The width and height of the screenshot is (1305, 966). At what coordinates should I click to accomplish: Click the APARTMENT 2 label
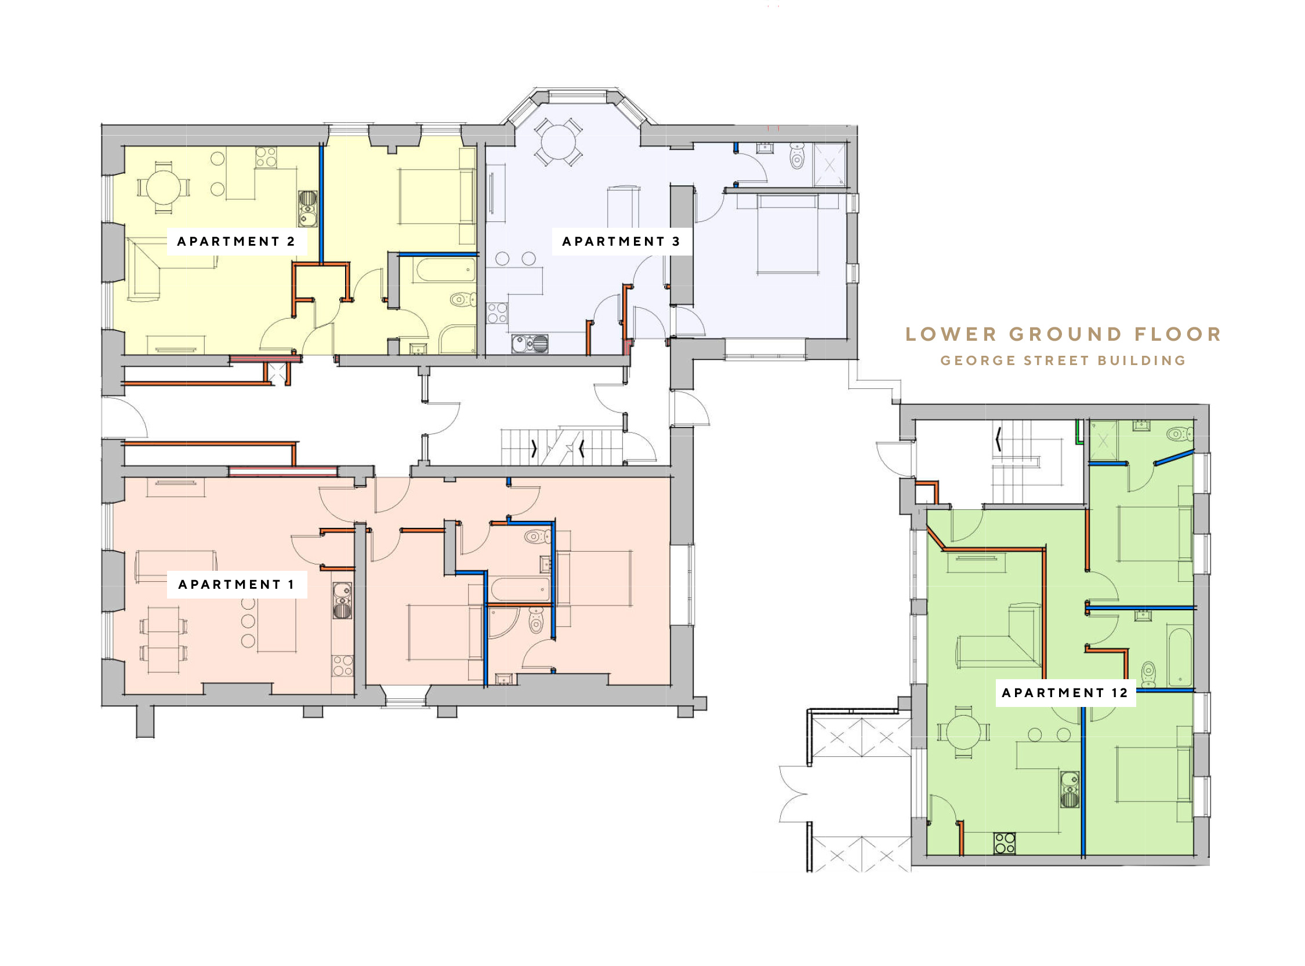236,242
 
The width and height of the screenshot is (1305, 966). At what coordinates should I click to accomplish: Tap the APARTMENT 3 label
621,242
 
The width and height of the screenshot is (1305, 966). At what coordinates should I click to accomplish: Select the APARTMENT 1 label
236,584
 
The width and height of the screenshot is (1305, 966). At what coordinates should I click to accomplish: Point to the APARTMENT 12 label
1064,692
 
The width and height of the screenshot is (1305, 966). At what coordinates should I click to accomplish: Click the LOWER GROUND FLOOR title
1063,334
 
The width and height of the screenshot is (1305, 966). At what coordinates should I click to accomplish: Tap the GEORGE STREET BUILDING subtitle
1063,360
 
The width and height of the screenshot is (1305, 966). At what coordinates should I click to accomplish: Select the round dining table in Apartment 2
164,188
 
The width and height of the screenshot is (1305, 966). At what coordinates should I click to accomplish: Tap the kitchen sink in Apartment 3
530,344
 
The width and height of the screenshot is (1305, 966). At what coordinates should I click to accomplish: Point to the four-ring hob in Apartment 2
266,157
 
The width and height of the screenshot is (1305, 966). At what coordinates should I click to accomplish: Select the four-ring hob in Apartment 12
1004,843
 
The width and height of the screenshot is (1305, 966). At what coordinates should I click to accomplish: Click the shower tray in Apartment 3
829,165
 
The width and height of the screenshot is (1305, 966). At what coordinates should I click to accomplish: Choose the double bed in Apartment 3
787,235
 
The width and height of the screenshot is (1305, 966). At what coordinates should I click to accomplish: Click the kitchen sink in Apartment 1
342,600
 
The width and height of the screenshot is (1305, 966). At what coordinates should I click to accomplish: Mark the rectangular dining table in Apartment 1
164,640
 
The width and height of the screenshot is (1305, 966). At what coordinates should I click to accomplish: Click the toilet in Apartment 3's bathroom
796,155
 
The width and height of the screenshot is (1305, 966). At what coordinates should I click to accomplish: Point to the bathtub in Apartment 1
520,589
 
